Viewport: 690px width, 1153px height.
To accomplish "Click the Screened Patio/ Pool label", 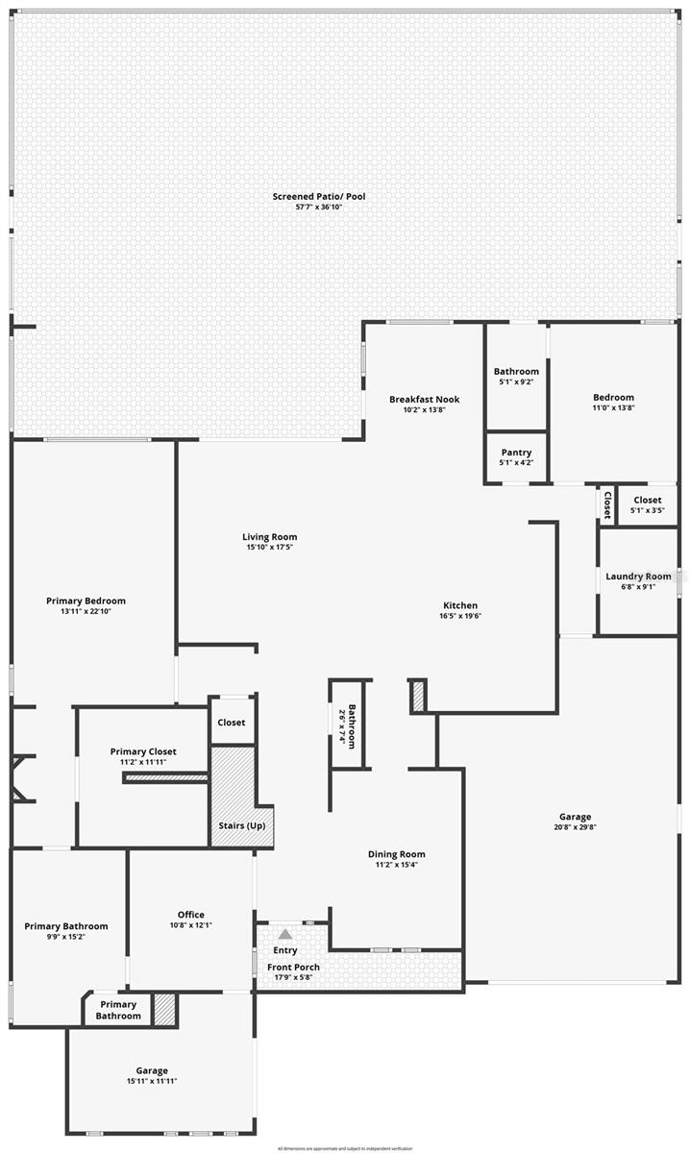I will (x=319, y=196).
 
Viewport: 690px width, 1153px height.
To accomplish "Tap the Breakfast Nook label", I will (x=424, y=399).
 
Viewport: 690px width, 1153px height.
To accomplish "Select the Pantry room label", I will (x=516, y=453).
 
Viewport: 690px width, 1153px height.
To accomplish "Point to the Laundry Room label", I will (x=638, y=576).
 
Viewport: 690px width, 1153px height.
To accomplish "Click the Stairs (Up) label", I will (x=242, y=826).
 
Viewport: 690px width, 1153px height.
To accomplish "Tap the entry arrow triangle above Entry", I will (x=285, y=933).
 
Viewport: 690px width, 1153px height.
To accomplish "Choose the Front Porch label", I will (x=293, y=967).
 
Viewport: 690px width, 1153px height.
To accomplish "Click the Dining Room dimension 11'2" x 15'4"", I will (x=396, y=865).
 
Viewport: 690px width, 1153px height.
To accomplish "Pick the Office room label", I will (x=190, y=915).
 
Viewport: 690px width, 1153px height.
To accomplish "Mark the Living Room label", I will (x=269, y=537).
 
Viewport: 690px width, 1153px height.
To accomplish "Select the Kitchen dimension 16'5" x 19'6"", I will (x=459, y=616).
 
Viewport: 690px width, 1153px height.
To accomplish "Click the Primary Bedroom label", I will (x=86, y=601).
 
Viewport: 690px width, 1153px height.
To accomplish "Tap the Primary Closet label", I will (x=143, y=751).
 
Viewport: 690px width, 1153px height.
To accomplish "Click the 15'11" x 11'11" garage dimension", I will (x=152, y=1081).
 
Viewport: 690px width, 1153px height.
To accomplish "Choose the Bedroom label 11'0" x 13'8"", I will (x=613, y=398).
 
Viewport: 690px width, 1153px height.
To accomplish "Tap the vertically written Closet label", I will (x=607, y=503).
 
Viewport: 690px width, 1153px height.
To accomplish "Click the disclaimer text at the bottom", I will (x=345, y=1148).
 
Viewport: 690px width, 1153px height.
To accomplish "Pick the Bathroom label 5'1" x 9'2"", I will (x=516, y=371).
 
